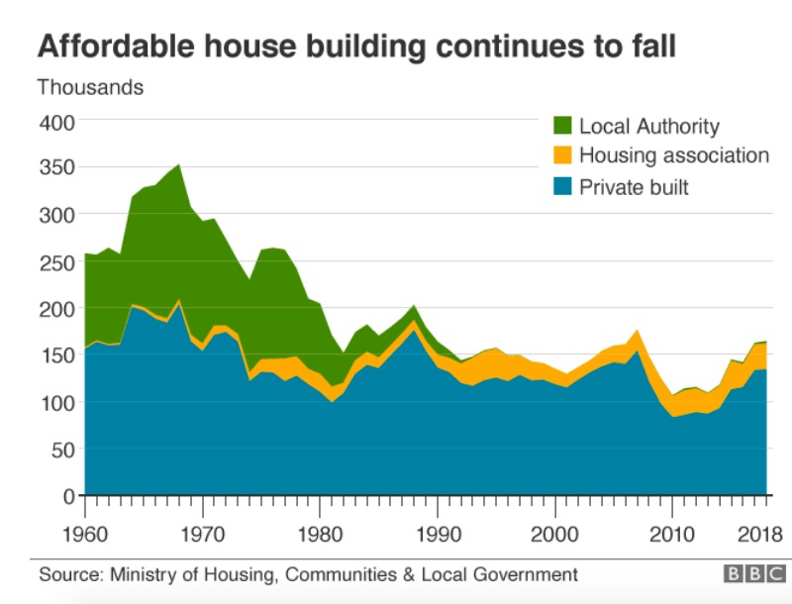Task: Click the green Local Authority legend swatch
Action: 561,127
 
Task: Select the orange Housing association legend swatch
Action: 561,156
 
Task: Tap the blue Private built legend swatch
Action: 561,186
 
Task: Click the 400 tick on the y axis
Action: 56,122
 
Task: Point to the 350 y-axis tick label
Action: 56,168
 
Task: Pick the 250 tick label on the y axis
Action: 56,262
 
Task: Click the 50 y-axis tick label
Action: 61,450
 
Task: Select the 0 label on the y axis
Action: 67,496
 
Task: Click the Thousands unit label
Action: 90,87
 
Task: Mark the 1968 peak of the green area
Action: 178,165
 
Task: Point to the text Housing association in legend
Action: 674,155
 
